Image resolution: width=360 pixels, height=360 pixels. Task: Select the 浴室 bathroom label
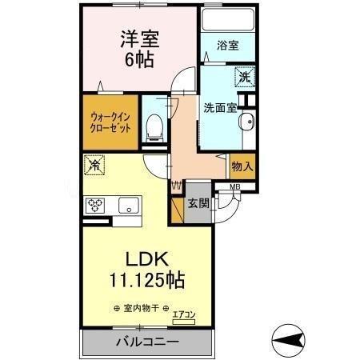227,46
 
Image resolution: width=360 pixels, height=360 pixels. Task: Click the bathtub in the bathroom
226,20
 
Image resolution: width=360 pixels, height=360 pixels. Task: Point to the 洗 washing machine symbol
244,78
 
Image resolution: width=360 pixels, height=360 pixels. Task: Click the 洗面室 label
218,108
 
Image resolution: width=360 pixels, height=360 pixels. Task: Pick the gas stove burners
97,205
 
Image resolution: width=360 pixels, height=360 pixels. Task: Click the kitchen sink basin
128,206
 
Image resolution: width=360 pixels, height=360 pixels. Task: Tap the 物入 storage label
242,166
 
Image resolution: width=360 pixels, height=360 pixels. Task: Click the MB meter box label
234,188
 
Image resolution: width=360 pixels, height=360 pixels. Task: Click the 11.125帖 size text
146,281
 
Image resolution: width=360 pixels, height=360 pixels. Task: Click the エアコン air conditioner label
183,314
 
